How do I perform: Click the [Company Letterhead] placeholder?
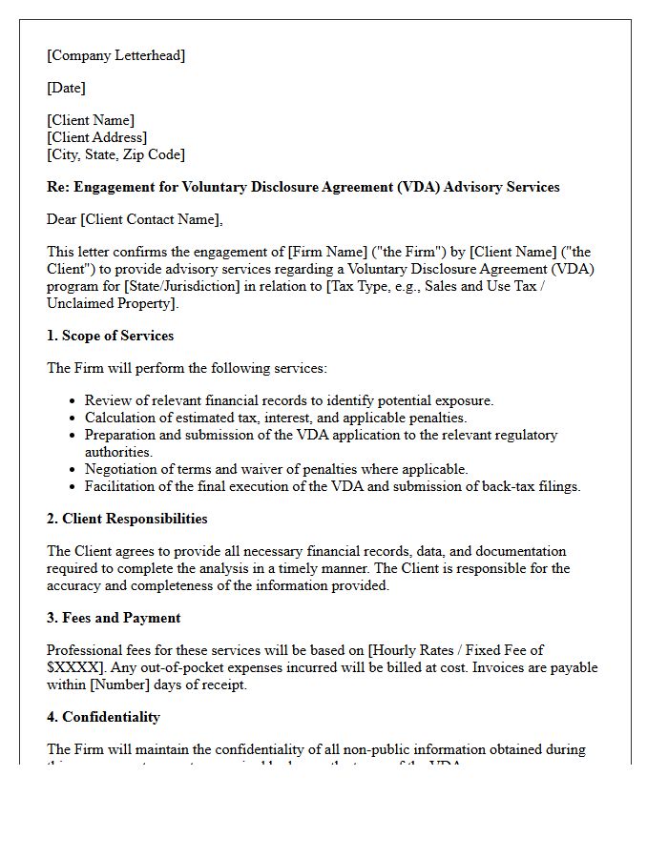(116, 55)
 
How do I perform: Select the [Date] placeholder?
(66, 88)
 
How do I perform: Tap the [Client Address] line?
(96, 137)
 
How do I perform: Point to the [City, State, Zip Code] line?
(115, 154)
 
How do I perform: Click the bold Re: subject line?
(303, 187)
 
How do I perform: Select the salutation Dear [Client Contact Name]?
(135, 219)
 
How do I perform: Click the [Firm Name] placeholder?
(318, 252)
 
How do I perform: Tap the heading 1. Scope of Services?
(110, 336)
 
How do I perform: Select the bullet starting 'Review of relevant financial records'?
(289, 400)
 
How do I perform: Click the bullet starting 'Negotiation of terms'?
(276, 469)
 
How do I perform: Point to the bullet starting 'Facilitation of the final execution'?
(332, 486)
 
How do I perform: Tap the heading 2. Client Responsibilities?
(127, 519)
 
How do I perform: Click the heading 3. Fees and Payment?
(114, 618)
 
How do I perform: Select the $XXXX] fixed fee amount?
(73, 667)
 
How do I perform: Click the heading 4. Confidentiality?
(103, 717)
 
